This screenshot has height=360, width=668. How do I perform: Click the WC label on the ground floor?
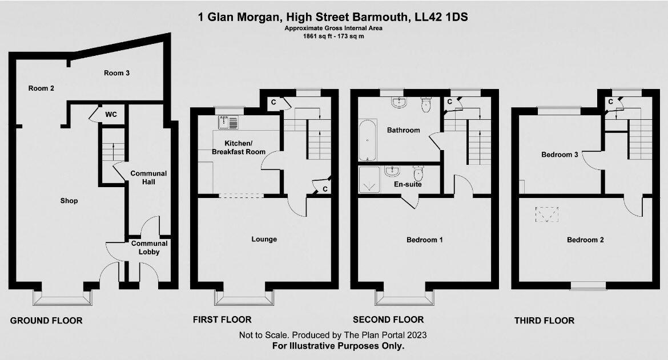pyautogui.click(x=111, y=115)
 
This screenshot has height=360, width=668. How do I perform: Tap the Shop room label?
pyautogui.click(x=69, y=201)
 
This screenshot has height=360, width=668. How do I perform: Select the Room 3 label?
pyautogui.click(x=116, y=73)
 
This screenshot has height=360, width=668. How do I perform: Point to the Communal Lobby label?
pyautogui.click(x=149, y=248)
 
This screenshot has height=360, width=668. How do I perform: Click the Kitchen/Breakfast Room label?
pyautogui.click(x=238, y=147)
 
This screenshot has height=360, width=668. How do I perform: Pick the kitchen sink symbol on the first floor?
pyautogui.click(x=227, y=122)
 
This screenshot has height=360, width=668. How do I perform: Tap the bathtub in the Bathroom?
pyautogui.click(x=367, y=140)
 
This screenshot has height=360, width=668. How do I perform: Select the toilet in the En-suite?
pyautogui.click(x=418, y=173)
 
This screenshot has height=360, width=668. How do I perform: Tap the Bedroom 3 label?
pyautogui.click(x=560, y=155)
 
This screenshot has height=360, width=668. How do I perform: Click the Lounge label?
pyautogui.click(x=264, y=239)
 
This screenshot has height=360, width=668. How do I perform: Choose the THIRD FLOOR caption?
pyautogui.click(x=544, y=321)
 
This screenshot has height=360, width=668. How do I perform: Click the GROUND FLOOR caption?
pyautogui.click(x=46, y=321)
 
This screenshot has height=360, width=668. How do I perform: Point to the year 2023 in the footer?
pyautogui.click(x=415, y=335)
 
